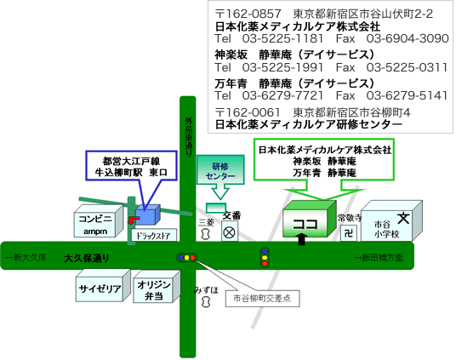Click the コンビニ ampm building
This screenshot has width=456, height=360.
click(x=99, y=221)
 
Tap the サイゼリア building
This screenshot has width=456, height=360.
click(x=103, y=285)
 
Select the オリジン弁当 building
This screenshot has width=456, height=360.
click(x=157, y=287)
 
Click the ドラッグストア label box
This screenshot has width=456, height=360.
click(x=154, y=235)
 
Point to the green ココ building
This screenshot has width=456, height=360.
click(x=310, y=219)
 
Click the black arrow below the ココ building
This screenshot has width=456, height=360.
click(x=302, y=239)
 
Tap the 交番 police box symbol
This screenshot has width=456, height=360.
click(x=230, y=232)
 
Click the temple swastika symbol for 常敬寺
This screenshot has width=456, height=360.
click(x=349, y=233)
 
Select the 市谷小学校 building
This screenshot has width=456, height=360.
click(x=391, y=221)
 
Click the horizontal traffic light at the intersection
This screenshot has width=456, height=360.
click(x=186, y=258)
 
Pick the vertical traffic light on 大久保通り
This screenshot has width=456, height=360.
click(x=265, y=258)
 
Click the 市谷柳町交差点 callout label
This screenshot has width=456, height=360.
click(x=263, y=299)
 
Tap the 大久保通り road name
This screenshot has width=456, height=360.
click(x=87, y=258)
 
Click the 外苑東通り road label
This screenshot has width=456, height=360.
click(x=189, y=137)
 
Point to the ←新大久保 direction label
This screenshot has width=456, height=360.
click(x=26, y=258)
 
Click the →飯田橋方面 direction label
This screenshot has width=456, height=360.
click(x=378, y=258)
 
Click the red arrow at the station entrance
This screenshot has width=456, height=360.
click(x=134, y=220)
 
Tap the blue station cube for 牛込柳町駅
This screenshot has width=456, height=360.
click(x=148, y=214)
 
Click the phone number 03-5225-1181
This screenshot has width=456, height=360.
click(x=282, y=38)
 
